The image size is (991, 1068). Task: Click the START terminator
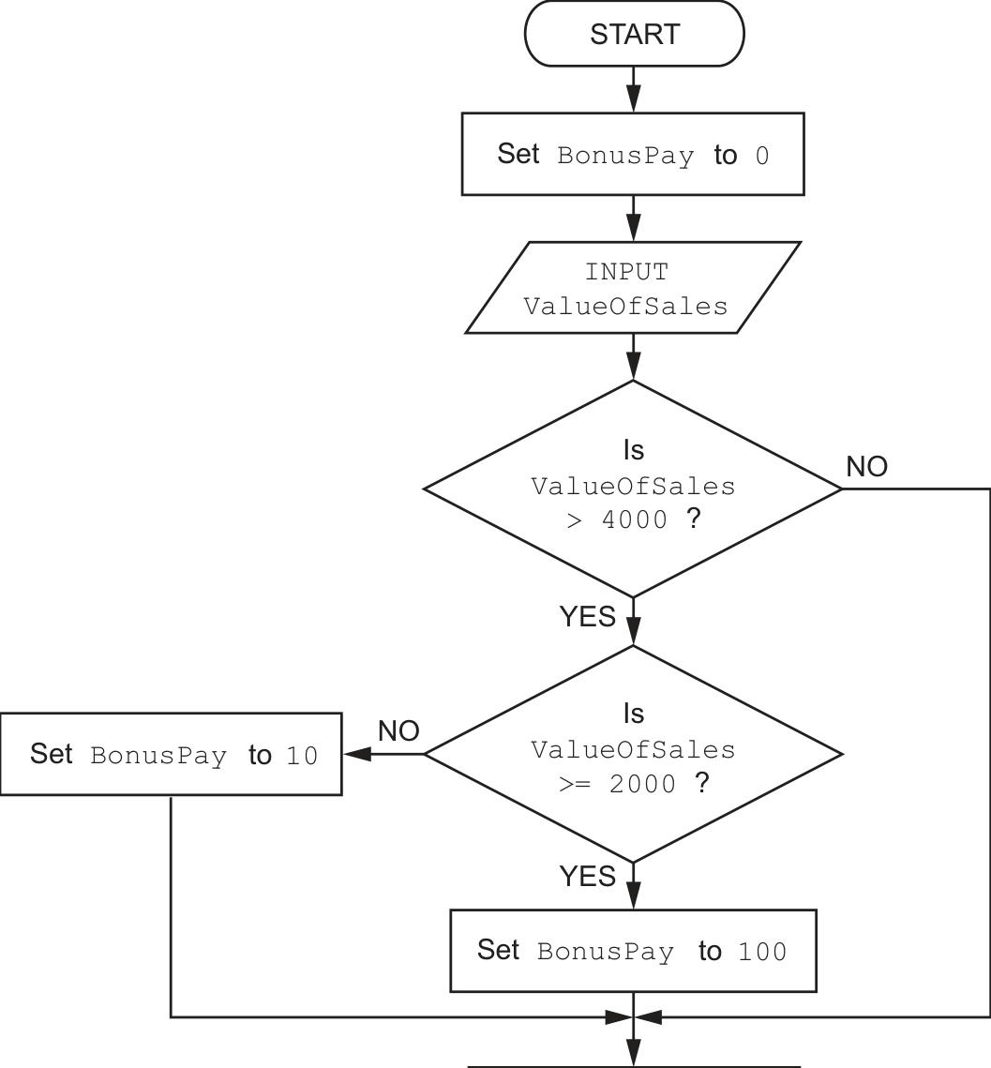(634, 34)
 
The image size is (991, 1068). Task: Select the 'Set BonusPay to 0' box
(633, 154)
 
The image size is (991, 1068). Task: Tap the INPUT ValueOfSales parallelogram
(633, 288)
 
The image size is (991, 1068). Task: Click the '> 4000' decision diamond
(633, 489)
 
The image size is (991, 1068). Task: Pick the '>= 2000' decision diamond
(633, 754)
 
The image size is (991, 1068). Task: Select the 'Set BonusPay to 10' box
(171, 754)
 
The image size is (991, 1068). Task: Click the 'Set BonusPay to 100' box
(633, 950)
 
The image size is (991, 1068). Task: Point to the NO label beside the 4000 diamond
(866, 467)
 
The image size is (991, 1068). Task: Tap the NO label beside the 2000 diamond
(398, 731)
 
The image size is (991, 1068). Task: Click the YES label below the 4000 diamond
(587, 616)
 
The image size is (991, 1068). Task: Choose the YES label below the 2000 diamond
(587, 876)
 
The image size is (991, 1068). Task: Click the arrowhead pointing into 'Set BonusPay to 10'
(357, 754)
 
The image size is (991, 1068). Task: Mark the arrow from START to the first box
(634, 89)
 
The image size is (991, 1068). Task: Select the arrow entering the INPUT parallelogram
(634, 218)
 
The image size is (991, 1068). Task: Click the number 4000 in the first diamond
(635, 520)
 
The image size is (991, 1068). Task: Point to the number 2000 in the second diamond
(642, 784)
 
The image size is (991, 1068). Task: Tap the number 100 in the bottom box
(762, 952)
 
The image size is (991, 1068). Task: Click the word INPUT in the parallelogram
(626, 272)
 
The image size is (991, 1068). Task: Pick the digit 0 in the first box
(762, 156)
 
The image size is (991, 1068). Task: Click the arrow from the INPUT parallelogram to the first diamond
(634, 356)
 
